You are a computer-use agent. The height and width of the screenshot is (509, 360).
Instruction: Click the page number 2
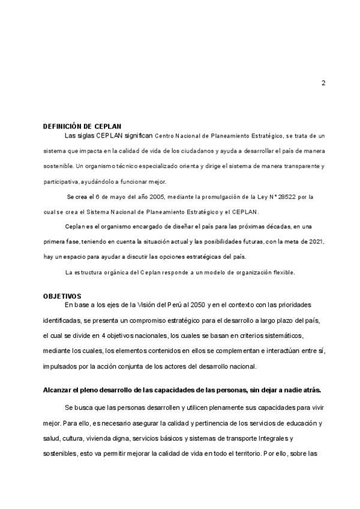pyautogui.click(x=323, y=83)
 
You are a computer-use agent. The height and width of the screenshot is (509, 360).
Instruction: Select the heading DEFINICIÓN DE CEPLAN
pyautogui.click(x=82, y=127)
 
